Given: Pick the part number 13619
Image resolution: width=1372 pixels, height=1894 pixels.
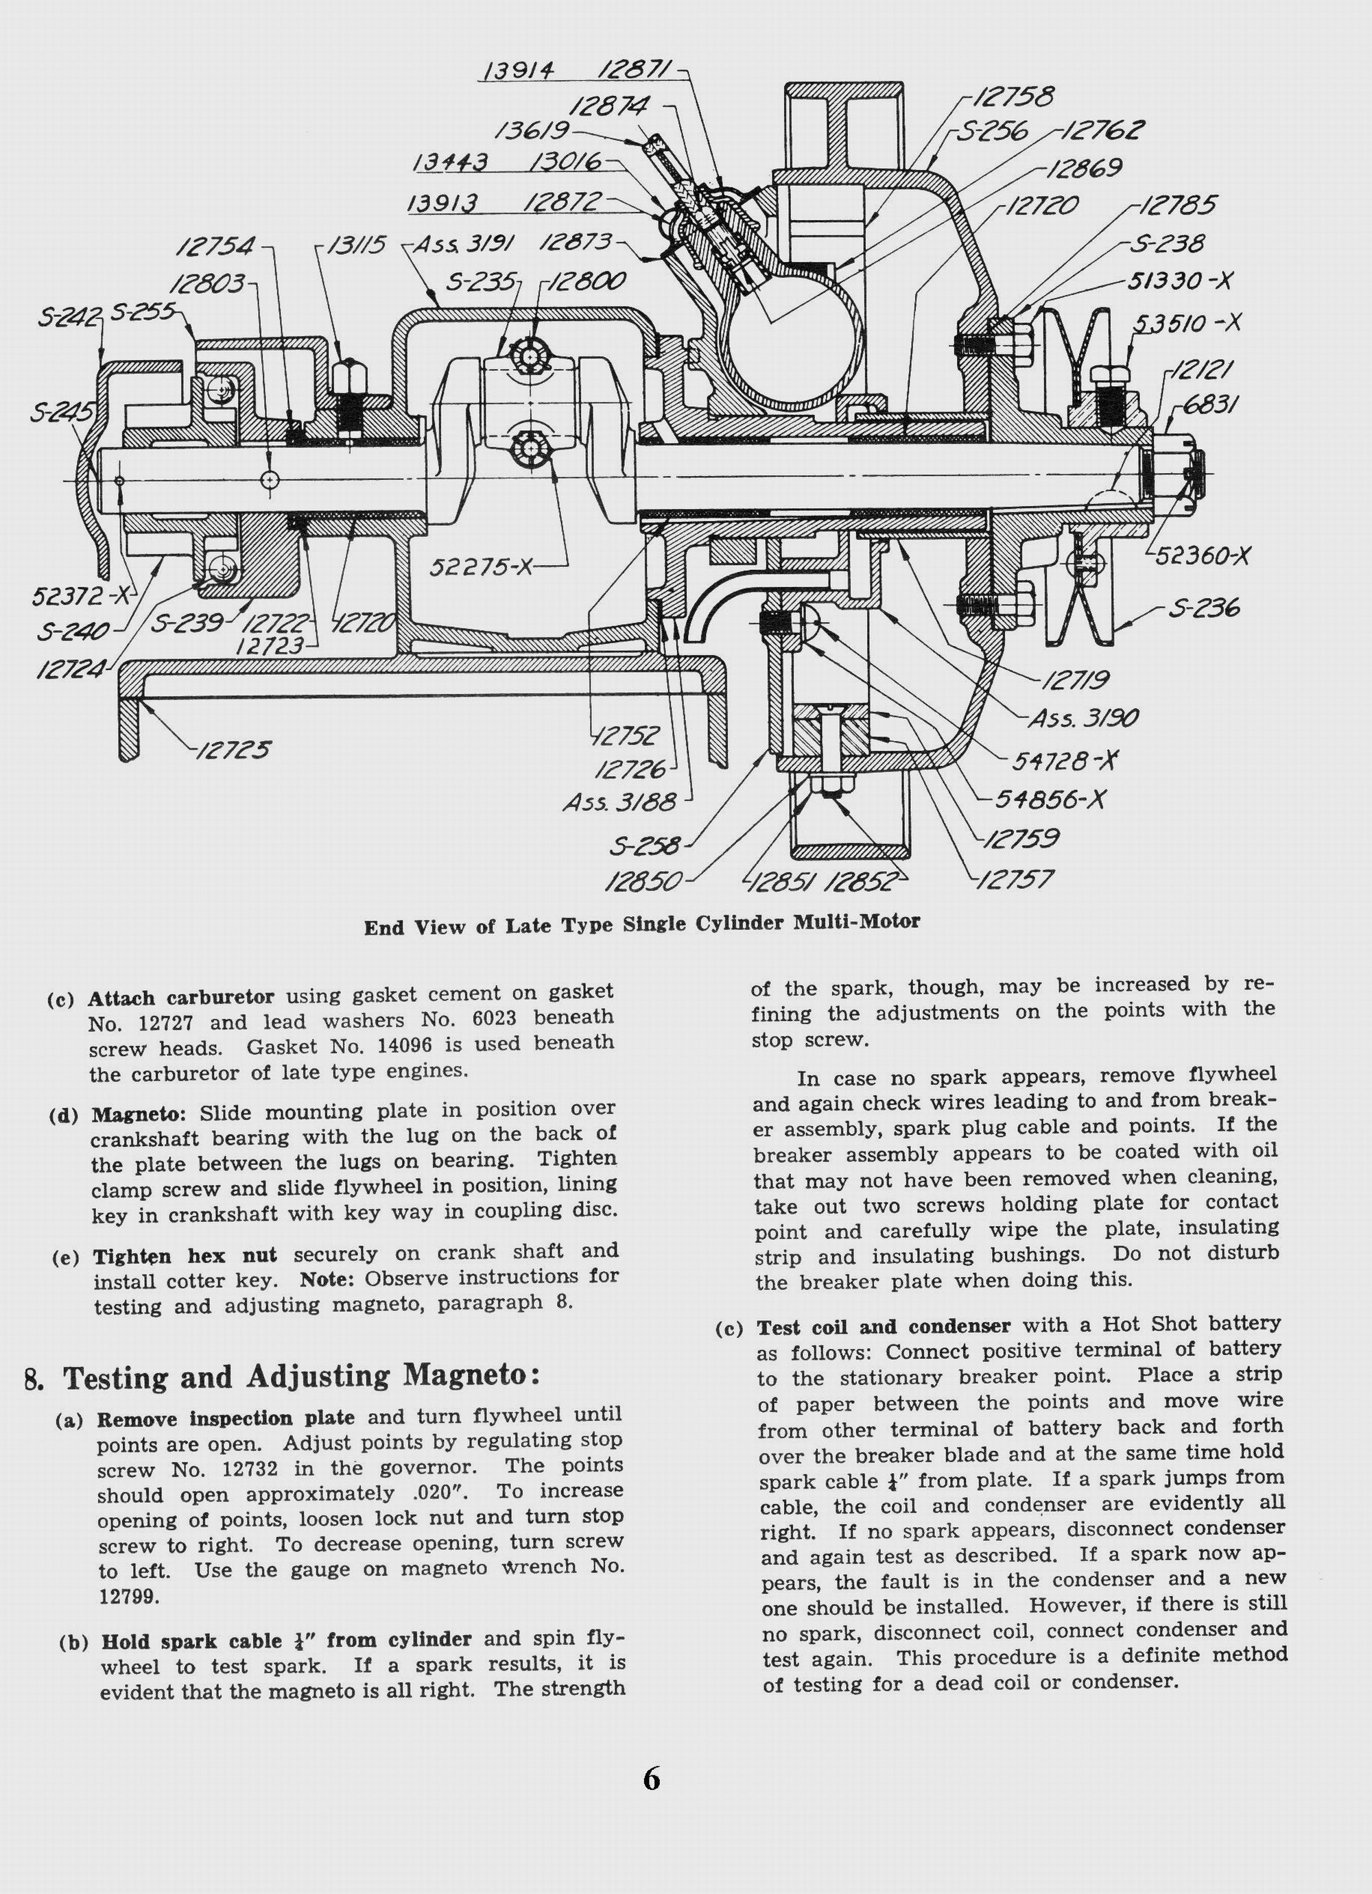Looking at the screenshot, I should (532, 131).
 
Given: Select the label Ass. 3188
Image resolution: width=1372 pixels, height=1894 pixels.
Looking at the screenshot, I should (619, 802).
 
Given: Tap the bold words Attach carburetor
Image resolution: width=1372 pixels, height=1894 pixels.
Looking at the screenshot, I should (180, 998).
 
